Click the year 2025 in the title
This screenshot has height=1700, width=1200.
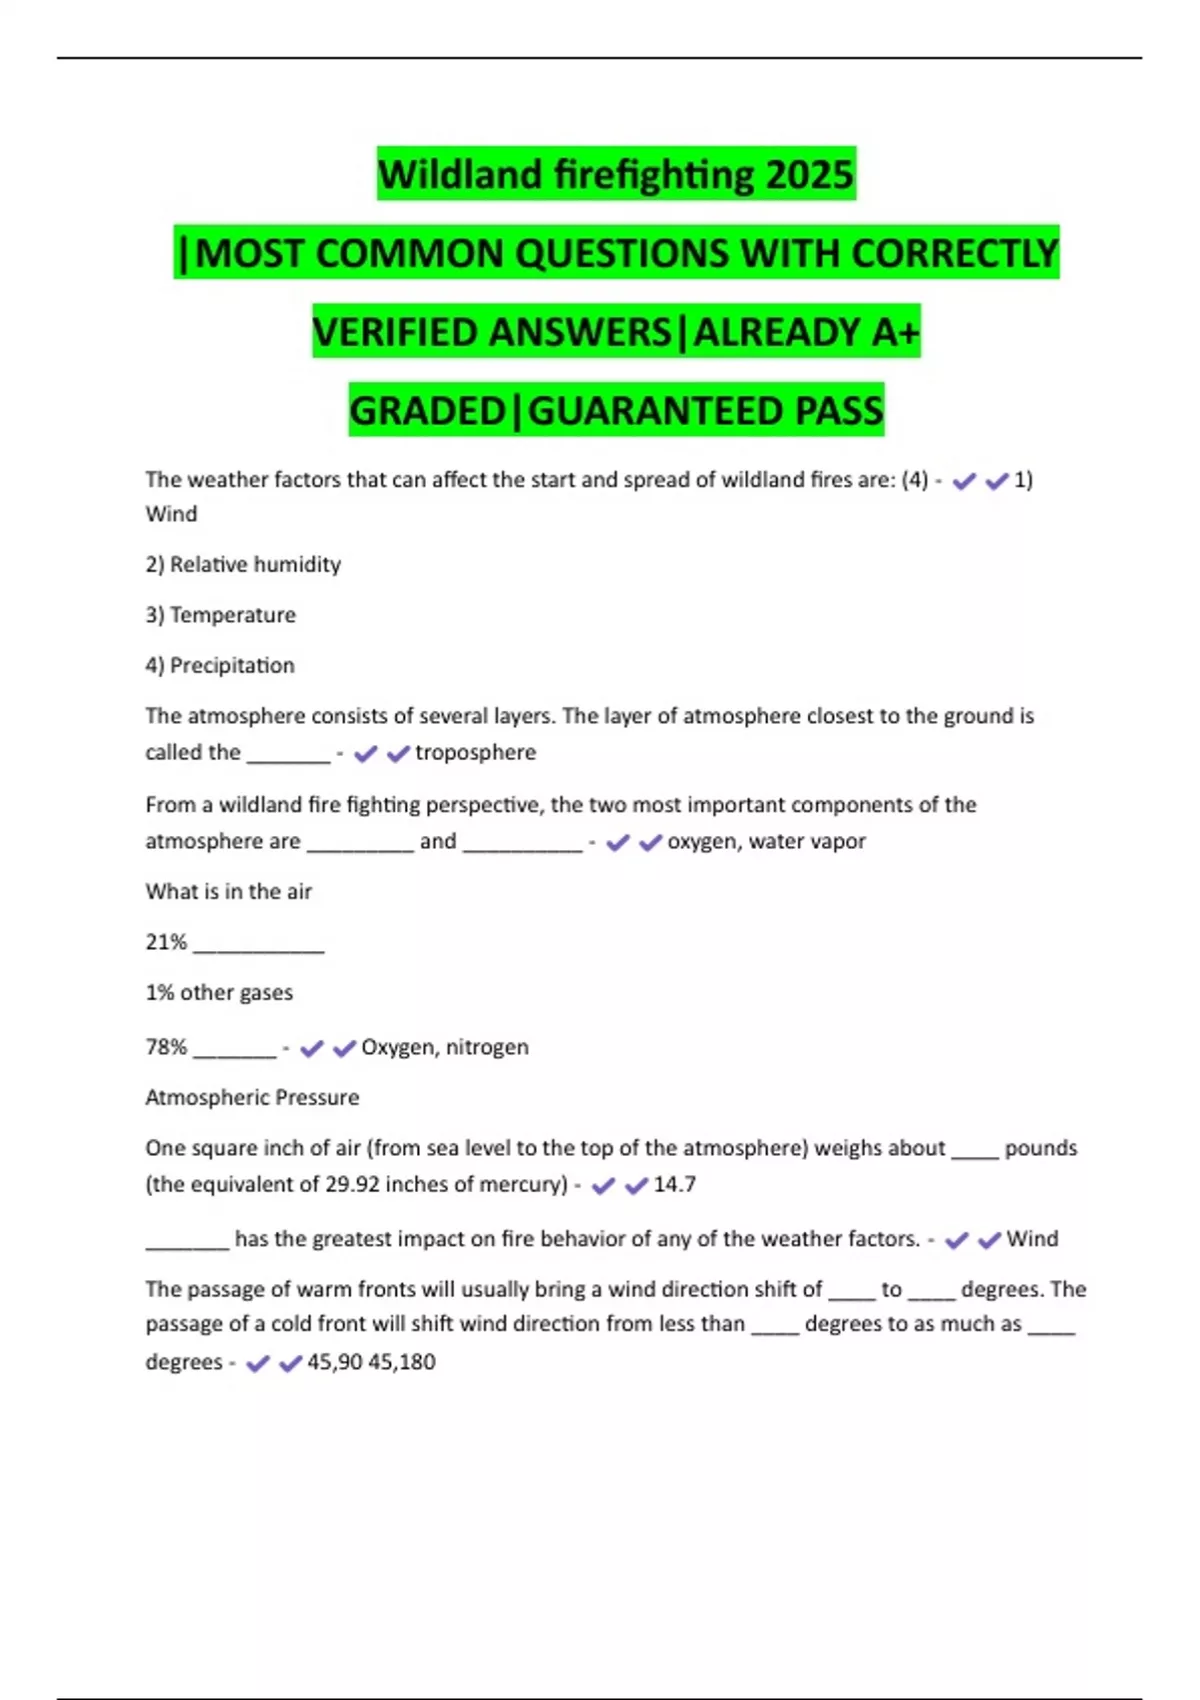[x=809, y=175]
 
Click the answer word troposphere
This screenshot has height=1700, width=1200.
[x=475, y=753]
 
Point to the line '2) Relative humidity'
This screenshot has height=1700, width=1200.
[x=243, y=565]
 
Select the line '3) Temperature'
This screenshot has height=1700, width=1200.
[x=220, y=615]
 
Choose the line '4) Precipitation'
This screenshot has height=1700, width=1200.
[x=220, y=666]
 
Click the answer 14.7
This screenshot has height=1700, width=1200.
[x=674, y=1185]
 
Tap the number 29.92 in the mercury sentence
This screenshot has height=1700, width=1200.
[x=352, y=1185]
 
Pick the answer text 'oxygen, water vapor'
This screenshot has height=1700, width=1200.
[x=766, y=842]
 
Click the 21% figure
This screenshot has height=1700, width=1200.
[x=166, y=942]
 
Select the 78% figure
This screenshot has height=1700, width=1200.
[x=166, y=1047]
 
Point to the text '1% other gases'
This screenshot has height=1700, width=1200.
[x=219, y=993]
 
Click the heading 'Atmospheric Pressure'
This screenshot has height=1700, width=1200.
[x=252, y=1098]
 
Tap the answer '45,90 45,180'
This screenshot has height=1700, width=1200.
[x=371, y=1362]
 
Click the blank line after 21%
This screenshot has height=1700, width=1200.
[x=258, y=948]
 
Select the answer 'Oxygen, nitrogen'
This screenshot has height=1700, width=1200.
[x=444, y=1047]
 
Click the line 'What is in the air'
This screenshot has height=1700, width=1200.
[x=228, y=892]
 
